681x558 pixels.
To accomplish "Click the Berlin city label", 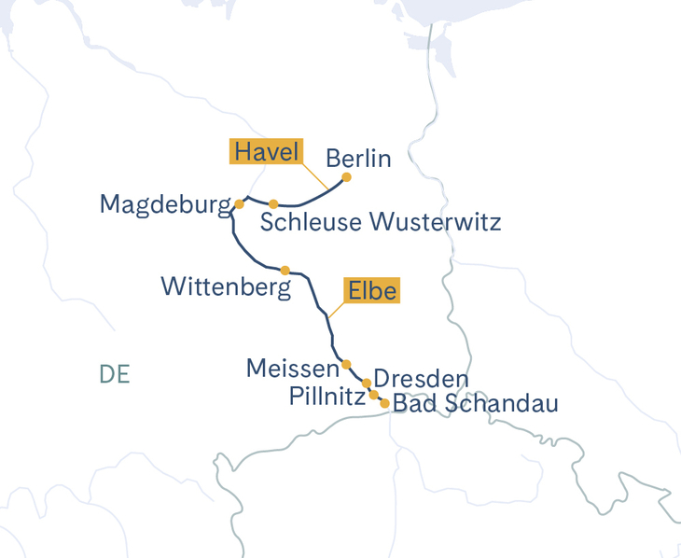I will [x=358, y=158].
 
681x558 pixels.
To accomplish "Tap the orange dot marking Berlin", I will [x=347, y=177].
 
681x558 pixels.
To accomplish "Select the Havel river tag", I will [x=266, y=151].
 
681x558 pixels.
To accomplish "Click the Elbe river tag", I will [x=372, y=291].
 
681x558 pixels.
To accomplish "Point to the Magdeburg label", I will [x=164, y=204].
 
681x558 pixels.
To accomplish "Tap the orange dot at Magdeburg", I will [x=239, y=203].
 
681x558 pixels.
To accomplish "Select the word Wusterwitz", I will [x=436, y=222].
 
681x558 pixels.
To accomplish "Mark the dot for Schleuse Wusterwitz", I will [x=273, y=203].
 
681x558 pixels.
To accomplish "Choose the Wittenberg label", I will [x=226, y=286].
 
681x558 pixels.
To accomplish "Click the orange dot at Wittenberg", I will [x=285, y=271].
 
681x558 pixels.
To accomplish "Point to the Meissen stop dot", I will [x=346, y=364].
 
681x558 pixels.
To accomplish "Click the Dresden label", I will [x=420, y=380].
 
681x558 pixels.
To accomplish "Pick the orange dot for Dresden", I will [x=367, y=384].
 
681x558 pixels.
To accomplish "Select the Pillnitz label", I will [x=326, y=398].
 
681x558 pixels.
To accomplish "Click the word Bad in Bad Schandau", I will [x=413, y=404].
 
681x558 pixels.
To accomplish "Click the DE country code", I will [x=114, y=374].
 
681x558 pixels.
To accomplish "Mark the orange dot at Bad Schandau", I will [x=384, y=404].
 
